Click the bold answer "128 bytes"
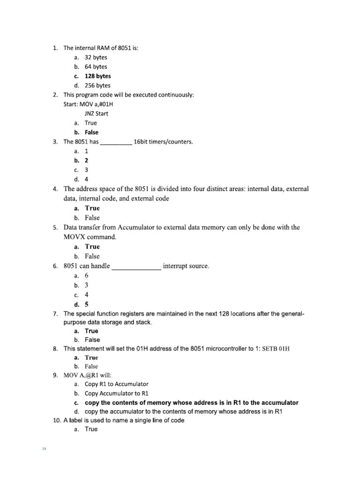point(97,76)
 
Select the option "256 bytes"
point(97,85)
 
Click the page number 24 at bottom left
point(44,449)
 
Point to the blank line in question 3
point(116,142)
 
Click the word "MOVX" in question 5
point(76,237)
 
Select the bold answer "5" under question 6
point(86,304)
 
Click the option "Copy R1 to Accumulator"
point(116,384)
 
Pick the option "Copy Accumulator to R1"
point(116,393)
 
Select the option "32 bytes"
point(96,57)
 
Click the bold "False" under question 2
point(91,132)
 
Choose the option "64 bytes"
point(96,67)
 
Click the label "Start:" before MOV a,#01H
point(72,104)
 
